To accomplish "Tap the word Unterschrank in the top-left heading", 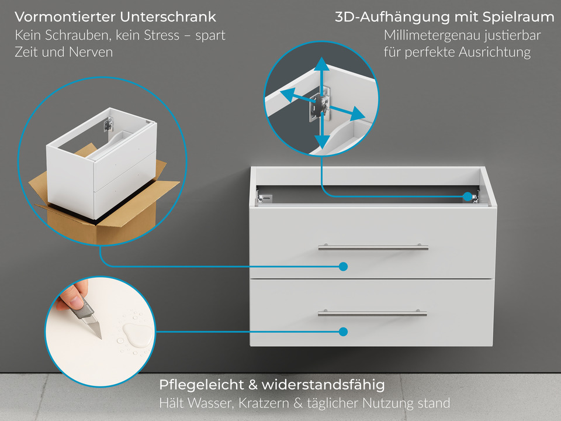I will (x=172, y=17).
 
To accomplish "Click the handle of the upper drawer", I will (x=373, y=248).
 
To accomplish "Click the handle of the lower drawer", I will (x=372, y=314).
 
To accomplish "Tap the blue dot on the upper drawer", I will (x=343, y=267).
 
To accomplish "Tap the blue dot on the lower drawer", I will (x=343, y=332).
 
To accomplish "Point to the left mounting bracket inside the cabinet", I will (x=266, y=198).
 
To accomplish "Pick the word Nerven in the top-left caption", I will (x=91, y=52).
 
